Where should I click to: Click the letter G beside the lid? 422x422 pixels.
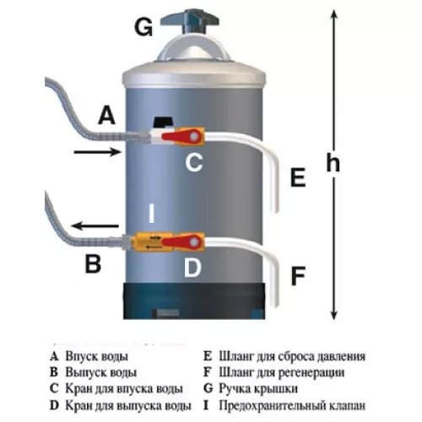(x=144, y=27)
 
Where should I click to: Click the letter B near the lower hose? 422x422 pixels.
(x=93, y=265)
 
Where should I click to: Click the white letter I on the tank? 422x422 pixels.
(x=151, y=214)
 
